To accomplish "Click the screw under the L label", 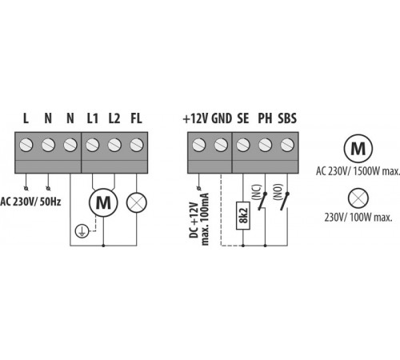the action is [26, 145].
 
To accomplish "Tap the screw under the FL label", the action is [137, 145].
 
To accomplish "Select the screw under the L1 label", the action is [92, 145].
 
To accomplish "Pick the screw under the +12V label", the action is [198, 145].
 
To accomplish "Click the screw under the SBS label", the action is [287, 145].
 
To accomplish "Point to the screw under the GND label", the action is [221, 145].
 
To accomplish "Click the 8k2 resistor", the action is [243, 215].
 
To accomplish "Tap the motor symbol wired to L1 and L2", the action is [103, 202].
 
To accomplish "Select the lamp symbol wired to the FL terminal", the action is [137, 202].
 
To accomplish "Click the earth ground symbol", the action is [82, 231].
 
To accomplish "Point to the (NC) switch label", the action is [257, 192].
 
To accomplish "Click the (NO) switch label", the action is [278, 192].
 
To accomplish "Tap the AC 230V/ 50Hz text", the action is [30, 202].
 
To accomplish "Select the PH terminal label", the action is [265, 118].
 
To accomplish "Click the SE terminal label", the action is [243, 118].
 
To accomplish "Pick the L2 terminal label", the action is [114, 118].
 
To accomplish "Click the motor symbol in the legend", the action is [358, 148].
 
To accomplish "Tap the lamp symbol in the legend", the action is [358, 198].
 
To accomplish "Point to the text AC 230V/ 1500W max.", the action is [358, 171].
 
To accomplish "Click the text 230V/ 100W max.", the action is [358, 218].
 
